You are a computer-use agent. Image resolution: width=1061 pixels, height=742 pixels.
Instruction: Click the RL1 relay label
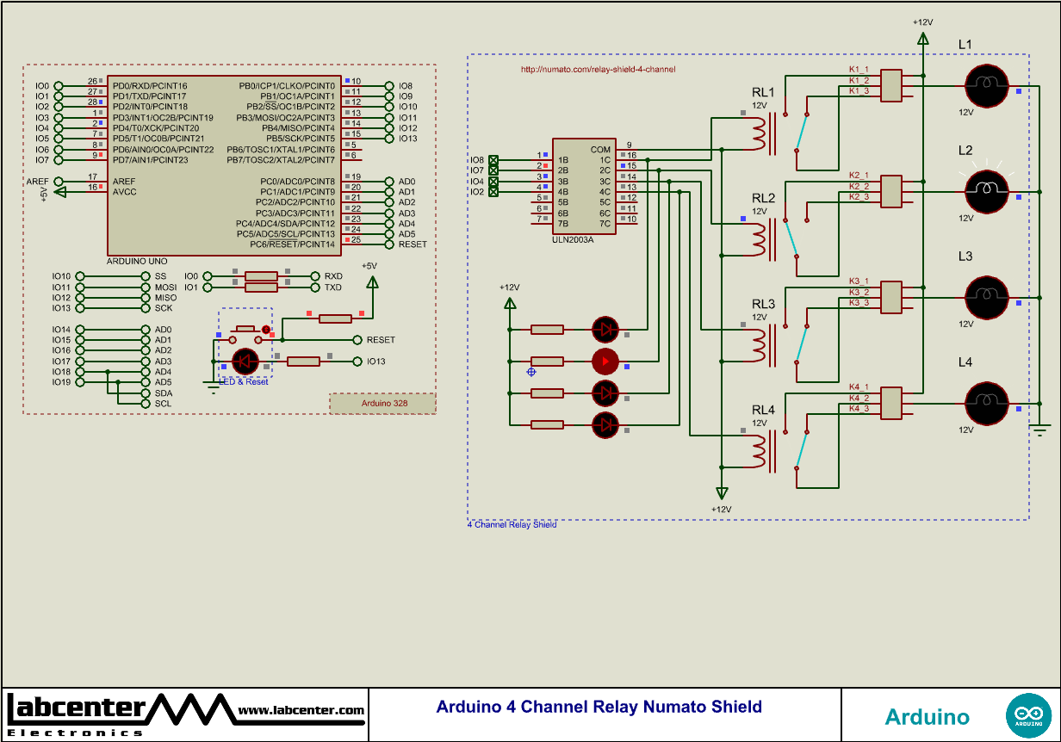pos(763,92)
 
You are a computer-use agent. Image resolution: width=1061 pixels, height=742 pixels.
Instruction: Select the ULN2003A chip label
pos(573,239)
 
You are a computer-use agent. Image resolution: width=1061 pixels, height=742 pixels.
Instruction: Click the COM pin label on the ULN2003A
pos(600,149)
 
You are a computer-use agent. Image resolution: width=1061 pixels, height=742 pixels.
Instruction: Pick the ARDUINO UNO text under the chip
pos(137,261)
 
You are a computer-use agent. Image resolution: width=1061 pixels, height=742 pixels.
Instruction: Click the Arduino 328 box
pos(383,403)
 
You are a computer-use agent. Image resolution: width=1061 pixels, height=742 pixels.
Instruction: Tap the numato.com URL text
pos(598,69)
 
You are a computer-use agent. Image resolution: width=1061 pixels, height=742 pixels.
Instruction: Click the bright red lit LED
pos(605,362)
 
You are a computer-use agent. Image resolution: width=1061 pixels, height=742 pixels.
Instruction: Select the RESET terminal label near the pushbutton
pos(381,340)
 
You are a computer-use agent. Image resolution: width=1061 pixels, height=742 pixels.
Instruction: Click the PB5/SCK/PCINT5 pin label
pos(300,139)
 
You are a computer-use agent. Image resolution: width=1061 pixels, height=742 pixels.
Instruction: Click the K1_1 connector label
pos(859,69)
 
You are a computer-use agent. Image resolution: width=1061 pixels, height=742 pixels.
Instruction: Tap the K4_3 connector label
pos(859,409)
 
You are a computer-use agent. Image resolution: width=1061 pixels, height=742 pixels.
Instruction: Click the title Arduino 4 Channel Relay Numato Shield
pos(599,707)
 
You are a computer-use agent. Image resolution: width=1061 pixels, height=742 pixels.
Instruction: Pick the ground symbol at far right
pos(1040,429)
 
